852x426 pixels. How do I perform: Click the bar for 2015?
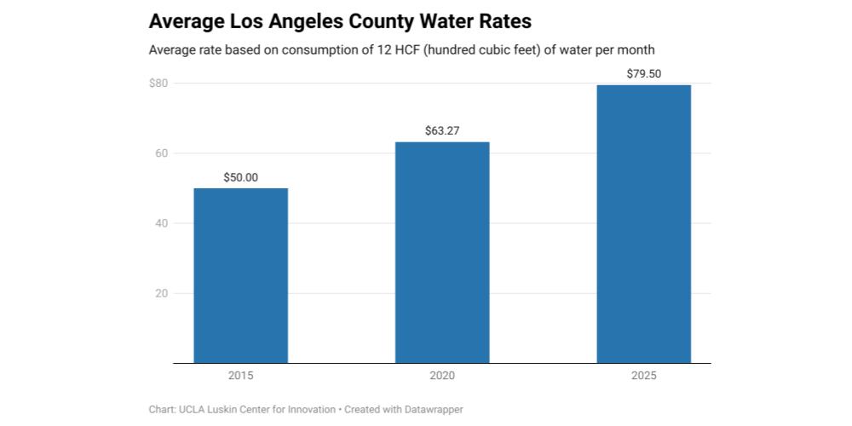tap(241, 275)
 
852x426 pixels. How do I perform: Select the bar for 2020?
tap(442, 253)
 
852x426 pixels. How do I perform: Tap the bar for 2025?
tap(644, 224)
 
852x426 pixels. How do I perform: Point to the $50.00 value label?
tap(241, 178)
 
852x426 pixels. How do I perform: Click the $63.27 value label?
tap(442, 131)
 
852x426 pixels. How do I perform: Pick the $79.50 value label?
tap(644, 74)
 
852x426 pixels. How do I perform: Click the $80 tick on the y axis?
tap(158, 83)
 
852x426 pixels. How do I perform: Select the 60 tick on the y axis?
tap(161, 153)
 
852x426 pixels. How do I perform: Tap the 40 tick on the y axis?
tap(161, 223)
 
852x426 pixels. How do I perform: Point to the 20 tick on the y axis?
tap(161, 293)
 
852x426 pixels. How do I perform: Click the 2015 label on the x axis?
tap(241, 376)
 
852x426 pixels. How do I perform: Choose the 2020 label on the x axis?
tap(442, 376)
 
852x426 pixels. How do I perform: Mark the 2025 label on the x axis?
tap(644, 376)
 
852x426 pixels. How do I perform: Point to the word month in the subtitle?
tap(638, 50)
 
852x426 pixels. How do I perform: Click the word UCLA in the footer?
tap(189, 409)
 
